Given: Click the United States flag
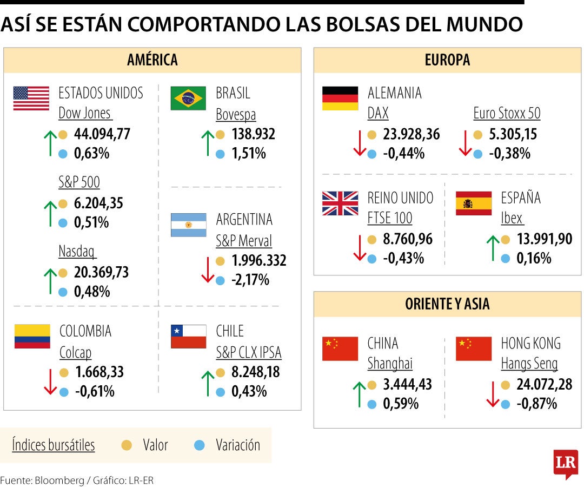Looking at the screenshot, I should (x=31, y=98).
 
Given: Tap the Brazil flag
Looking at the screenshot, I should (x=188, y=98).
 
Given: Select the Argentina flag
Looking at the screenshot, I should (x=188, y=225).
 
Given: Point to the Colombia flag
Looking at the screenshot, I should (x=32, y=336).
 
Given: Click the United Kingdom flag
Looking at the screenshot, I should (x=340, y=203).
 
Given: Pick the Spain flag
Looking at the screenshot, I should (x=474, y=203).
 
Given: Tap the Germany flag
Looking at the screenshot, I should (x=340, y=98).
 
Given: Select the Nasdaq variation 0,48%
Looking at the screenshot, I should (x=92, y=292).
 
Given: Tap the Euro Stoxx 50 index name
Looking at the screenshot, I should (x=507, y=114).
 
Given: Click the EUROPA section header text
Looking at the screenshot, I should (x=447, y=60).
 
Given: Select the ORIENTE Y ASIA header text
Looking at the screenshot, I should (x=447, y=304).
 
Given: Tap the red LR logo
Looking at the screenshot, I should (x=566, y=463).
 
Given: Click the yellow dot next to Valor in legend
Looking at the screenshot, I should (x=127, y=445).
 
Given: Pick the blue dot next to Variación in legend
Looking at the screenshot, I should (x=200, y=445).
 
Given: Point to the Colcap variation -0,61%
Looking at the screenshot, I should (x=94, y=391).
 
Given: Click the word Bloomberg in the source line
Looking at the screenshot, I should (x=57, y=480).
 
